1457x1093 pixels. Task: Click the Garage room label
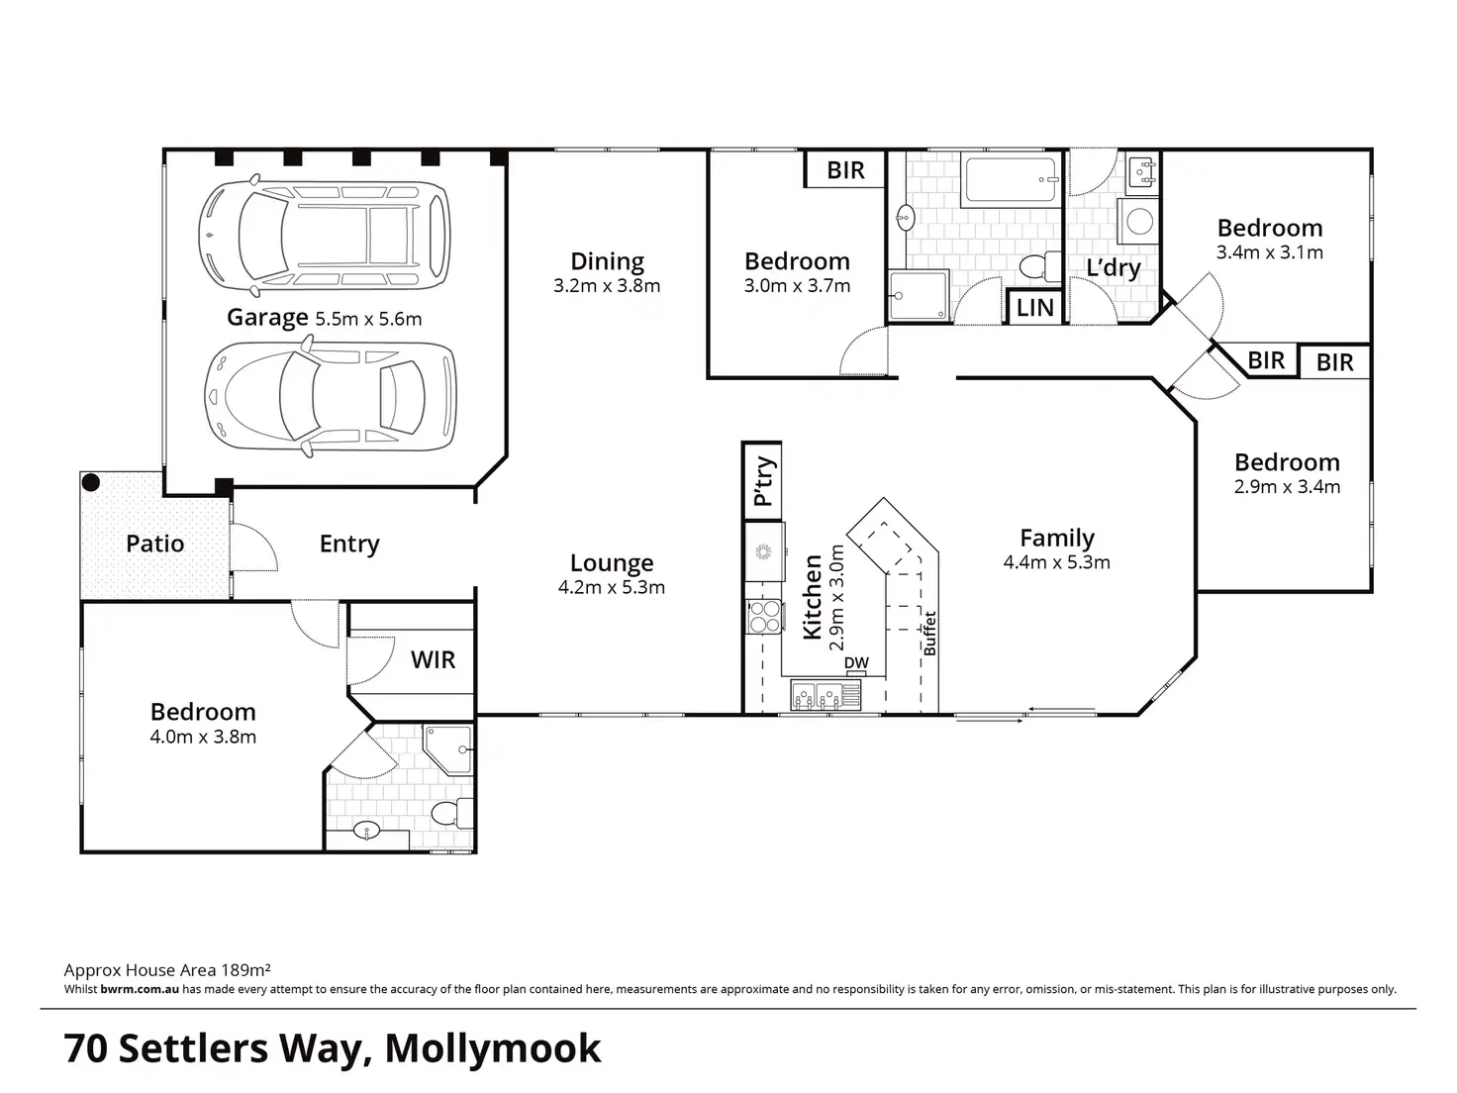point(267,318)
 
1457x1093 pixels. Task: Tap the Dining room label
point(607,261)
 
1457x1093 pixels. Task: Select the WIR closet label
point(433,660)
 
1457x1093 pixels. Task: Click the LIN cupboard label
point(1035,308)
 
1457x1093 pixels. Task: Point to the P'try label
point(763,480)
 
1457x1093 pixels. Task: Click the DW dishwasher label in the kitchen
point(856,663)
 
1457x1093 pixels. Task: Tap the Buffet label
point(929,634)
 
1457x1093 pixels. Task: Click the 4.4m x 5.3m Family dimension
point(1056,563)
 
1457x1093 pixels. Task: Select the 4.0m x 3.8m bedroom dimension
point(203,738)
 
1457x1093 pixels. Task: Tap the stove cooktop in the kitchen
point(764,618)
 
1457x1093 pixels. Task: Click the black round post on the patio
point(91,483)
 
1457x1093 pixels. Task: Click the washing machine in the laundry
point(1139,221)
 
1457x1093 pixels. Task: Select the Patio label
point(155,544)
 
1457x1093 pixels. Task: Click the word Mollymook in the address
point(492,1048)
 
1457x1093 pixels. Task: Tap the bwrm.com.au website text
point(140,989)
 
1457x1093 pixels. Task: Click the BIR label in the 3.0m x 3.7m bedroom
point(845,170)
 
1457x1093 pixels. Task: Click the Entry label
point(349,544)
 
